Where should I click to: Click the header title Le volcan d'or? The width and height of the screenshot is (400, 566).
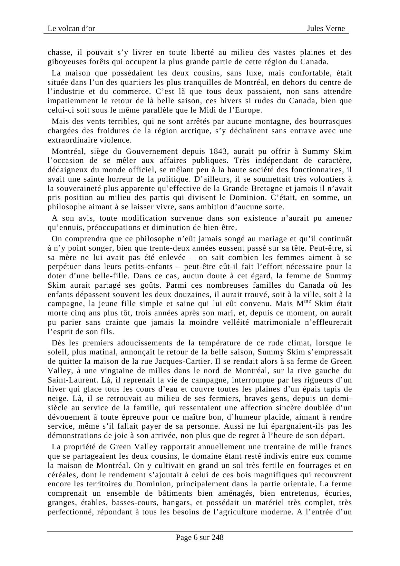[71, 29]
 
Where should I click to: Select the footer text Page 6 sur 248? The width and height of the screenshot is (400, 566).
[200, 537]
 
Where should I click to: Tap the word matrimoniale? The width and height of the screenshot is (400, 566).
[254, 322]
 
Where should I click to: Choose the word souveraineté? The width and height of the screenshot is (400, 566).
[78, 188]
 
